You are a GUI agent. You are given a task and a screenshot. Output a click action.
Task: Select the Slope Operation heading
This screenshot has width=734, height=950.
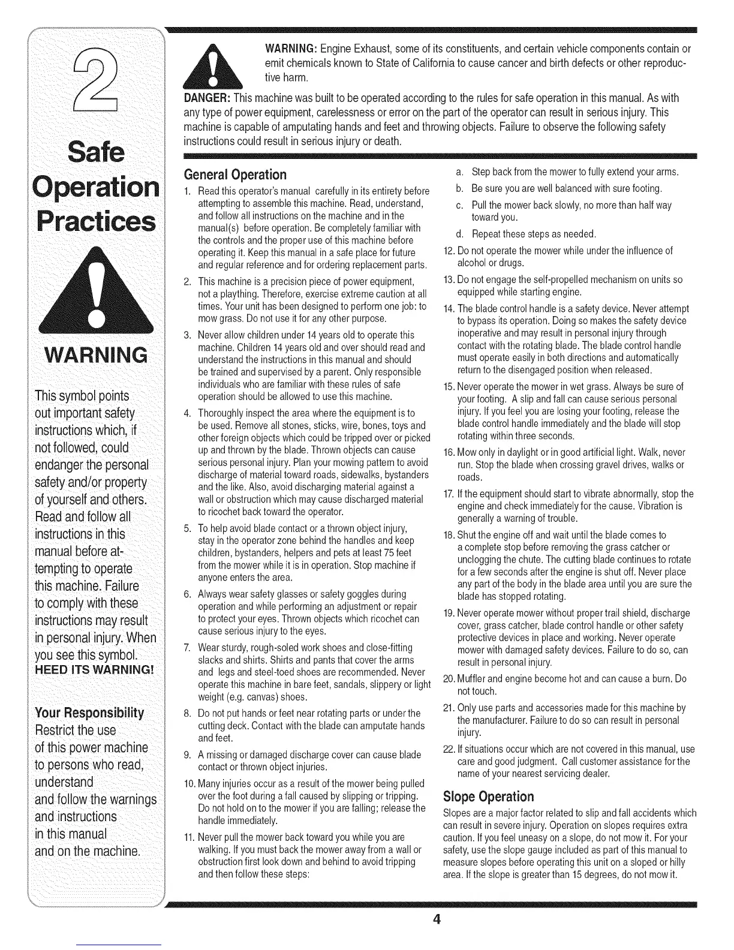[488, 796]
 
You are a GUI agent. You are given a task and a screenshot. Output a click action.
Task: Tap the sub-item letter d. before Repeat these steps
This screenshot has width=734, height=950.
[460, 233]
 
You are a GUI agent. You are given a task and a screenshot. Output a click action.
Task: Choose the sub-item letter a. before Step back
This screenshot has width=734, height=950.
[460, 173]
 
